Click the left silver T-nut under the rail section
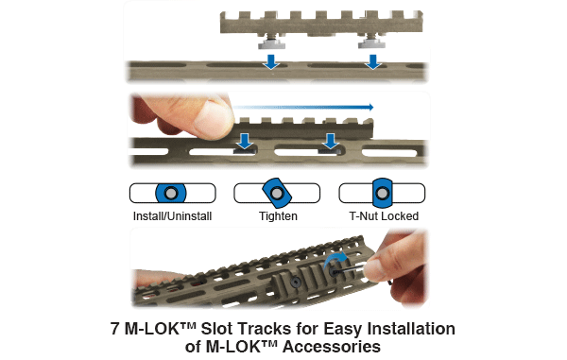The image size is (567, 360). (271, 44)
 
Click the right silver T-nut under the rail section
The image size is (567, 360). (371, 44)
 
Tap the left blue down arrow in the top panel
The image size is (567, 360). (271, 61)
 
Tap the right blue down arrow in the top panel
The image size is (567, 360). (373, 61)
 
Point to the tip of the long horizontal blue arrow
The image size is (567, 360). (373, 107)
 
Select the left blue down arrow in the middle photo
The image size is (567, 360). (245, 142)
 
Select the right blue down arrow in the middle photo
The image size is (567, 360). (330, 142)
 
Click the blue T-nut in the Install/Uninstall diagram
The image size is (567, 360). (171, 193)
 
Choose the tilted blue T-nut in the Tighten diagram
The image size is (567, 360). (277, 193)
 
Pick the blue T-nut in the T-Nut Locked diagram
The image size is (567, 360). (382, 193)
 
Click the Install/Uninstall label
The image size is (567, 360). (172, 216)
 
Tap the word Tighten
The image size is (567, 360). (278, 216)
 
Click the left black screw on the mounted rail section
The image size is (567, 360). (296, 282)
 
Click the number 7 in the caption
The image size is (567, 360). (115, 329)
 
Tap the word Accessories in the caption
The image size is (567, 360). (332, 347)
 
